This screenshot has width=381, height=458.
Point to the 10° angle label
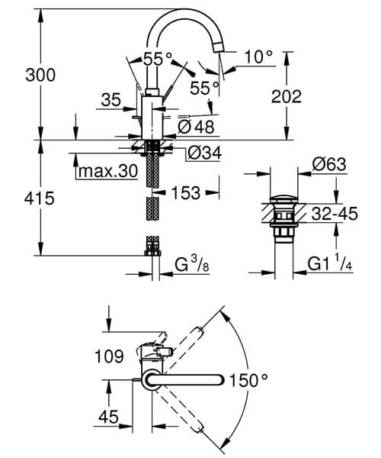[258, 56]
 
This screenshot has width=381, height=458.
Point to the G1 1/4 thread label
[329, 266]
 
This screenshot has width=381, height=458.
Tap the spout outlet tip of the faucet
[219, 49]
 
